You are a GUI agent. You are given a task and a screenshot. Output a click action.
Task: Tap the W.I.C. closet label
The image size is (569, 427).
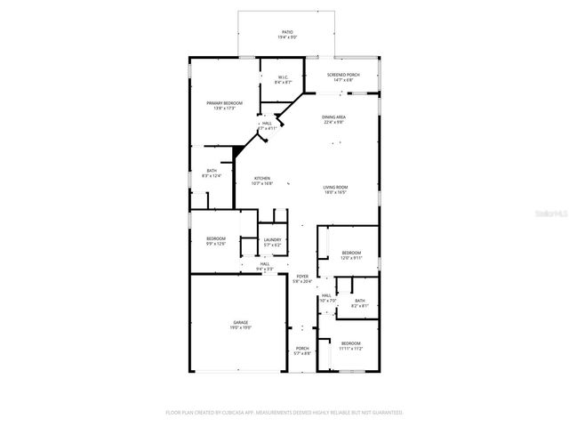(282, 77)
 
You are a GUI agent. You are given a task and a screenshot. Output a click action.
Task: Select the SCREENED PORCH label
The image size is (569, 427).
(341, 75)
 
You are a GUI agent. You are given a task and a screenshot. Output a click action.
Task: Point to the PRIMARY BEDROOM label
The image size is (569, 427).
(224, 103)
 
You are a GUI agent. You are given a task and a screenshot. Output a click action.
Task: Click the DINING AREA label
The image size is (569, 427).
(334, 117)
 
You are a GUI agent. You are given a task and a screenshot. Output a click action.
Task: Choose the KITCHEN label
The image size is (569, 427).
(262, 178)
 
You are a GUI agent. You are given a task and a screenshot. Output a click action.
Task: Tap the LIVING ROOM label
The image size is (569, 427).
(335, 187)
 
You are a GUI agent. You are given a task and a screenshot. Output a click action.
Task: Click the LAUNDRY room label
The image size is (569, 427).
(272, 239)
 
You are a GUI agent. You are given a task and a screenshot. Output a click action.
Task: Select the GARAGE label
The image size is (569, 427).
(241, 322)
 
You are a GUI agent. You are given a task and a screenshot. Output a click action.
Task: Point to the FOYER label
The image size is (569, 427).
(302, 277)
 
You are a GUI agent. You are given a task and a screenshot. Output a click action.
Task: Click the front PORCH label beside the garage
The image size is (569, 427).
(301, 349)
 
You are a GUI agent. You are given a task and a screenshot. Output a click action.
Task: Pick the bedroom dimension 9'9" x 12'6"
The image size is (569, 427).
(216, 244)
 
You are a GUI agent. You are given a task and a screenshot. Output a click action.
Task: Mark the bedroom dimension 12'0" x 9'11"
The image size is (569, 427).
(351, 258)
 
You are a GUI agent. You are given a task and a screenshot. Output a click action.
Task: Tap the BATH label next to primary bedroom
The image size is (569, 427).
(212, 171)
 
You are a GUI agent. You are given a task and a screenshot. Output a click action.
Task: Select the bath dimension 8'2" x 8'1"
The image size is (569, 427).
(359, 306)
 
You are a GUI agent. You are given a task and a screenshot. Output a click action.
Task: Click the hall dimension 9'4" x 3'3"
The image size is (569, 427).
(265, 269)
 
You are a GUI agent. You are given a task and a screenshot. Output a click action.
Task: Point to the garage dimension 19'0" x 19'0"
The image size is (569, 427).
(241, 327)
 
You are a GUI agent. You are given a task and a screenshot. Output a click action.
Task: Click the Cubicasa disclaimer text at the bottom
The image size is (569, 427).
(284, 413)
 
